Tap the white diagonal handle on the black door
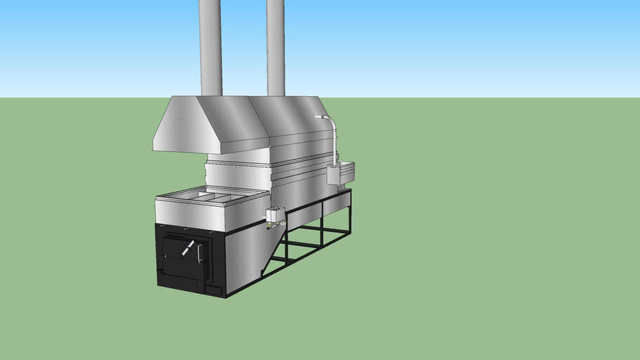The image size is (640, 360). click(x=188, y=247)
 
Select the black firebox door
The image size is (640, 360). click(x=184, y=256)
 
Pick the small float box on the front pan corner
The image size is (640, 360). click(x=275, y=214)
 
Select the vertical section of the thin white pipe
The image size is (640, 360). click(x=333, y=144)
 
